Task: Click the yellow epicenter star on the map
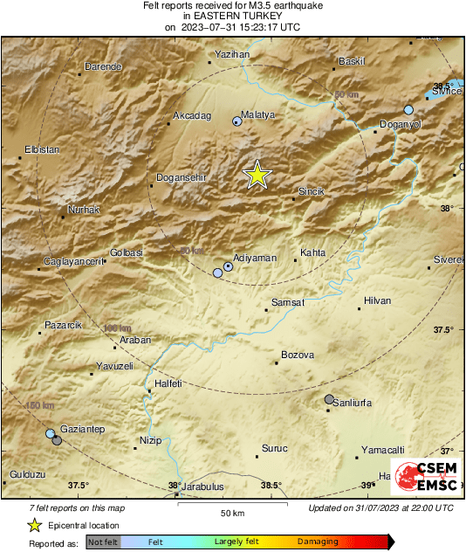[x=257, y=175]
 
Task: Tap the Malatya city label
[x=258, y=115]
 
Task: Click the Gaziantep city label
[x=82, y=430]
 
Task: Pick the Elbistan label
[x=42, y=149]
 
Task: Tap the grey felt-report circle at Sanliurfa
[x=329, y=399]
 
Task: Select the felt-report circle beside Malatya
[x=236, y=121]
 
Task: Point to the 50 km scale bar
[x=230, y=504]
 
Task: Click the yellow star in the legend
[x=34, y=525]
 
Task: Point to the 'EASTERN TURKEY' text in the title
[x=233, y=16]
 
